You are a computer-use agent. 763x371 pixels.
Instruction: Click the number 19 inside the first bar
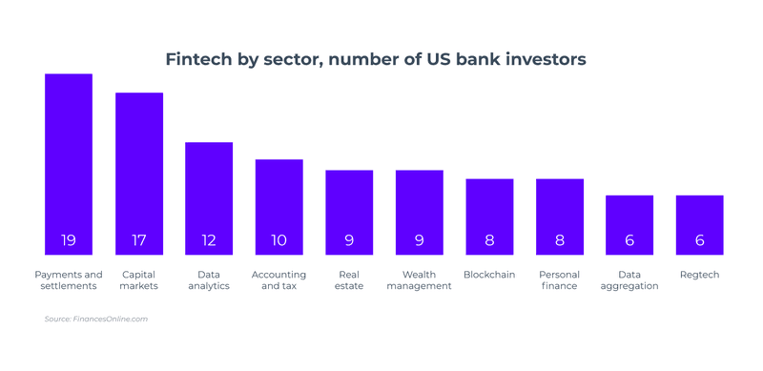69,240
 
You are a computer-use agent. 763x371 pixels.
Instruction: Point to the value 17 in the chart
139,240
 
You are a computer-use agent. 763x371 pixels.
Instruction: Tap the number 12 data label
209,240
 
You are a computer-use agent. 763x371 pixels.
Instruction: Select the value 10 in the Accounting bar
278,240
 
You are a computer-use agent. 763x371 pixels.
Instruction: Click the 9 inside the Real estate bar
349,240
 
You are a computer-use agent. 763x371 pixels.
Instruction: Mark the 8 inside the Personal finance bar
560,240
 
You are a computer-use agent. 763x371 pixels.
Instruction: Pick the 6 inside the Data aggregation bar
629,240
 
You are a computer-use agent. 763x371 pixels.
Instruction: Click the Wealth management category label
419,280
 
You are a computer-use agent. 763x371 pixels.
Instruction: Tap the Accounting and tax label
278,280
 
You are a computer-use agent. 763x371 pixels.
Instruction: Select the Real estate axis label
349,280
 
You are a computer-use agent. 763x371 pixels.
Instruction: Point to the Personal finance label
560,280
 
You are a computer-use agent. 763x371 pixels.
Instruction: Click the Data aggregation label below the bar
629,280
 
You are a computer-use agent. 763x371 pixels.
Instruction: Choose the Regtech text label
699,275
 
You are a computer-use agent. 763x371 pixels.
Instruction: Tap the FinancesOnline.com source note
95,319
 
